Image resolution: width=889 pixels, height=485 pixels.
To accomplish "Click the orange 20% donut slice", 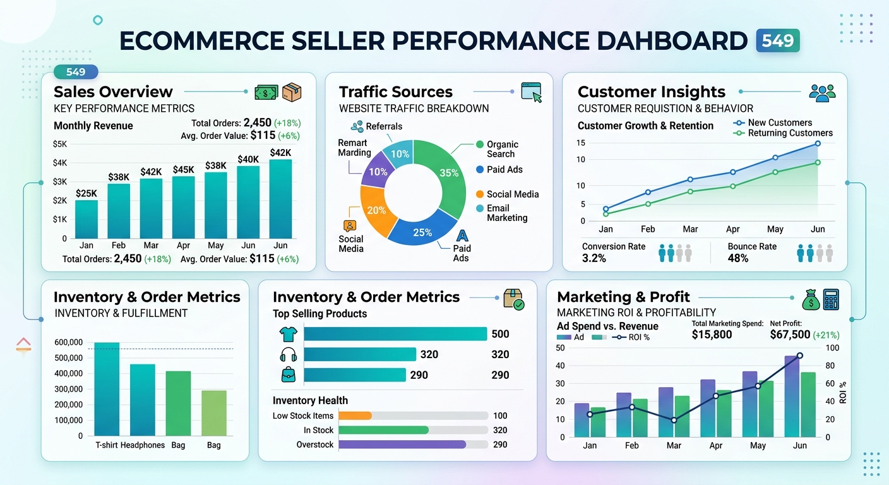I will (x=374, y=212).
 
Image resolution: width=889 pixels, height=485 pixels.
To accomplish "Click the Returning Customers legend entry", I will (x=790, y=133).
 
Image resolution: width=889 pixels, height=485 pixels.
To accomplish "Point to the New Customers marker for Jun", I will (x=818, y=143).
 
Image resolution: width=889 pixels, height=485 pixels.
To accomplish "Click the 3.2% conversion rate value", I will (x=594, y=258).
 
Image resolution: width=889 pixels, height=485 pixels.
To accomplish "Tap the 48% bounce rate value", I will (x=737, y=258).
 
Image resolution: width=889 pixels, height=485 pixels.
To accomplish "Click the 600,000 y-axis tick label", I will (x=68, y=342).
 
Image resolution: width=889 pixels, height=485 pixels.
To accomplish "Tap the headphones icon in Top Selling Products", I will (x=288, y=354).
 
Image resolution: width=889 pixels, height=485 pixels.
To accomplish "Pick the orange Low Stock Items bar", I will (x=355, y=416).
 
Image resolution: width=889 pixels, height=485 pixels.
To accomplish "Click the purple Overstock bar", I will (x=402, y=445).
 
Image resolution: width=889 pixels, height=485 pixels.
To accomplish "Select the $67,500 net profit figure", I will (x=790, y=335).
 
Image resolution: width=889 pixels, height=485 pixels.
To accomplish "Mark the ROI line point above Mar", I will (x=674, y=420).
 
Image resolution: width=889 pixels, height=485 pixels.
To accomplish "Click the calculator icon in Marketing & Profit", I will (x=831, y=299).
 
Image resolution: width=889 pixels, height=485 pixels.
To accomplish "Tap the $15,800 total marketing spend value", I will (x=712, y=335).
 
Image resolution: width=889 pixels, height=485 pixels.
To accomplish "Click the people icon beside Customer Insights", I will (x=822, y=93).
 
